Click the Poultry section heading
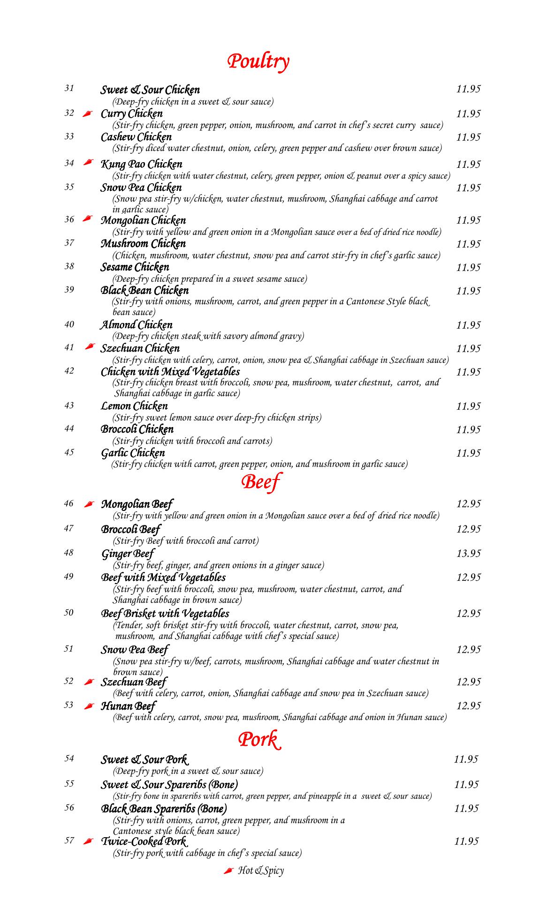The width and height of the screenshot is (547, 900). point(258,61)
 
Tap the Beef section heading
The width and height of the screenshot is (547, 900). point(260,481)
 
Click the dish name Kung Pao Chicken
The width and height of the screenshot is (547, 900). point(142,164)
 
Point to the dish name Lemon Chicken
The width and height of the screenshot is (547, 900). point(135,406)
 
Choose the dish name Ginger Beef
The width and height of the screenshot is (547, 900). point(128,554)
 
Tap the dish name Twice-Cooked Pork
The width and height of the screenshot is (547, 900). point(144,841)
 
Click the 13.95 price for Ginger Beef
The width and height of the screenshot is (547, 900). point(468,554)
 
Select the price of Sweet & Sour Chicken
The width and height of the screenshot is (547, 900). point(468,89)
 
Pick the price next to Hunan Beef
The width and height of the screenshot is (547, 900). point(468,706)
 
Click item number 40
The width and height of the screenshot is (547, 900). point(69,324)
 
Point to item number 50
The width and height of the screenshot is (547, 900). point(69,612)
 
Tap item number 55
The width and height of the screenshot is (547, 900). point(69,783)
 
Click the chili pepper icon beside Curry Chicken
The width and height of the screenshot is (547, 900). point(87,114)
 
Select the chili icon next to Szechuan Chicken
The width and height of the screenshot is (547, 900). point(91,347)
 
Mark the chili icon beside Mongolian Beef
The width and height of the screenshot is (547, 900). point(88,504)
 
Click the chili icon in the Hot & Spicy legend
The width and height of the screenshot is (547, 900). point(228,870)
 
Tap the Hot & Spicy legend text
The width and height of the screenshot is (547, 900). point(261,870)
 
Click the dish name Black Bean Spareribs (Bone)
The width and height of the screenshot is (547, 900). point(164,809)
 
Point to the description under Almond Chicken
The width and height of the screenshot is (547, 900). point(208,336)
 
